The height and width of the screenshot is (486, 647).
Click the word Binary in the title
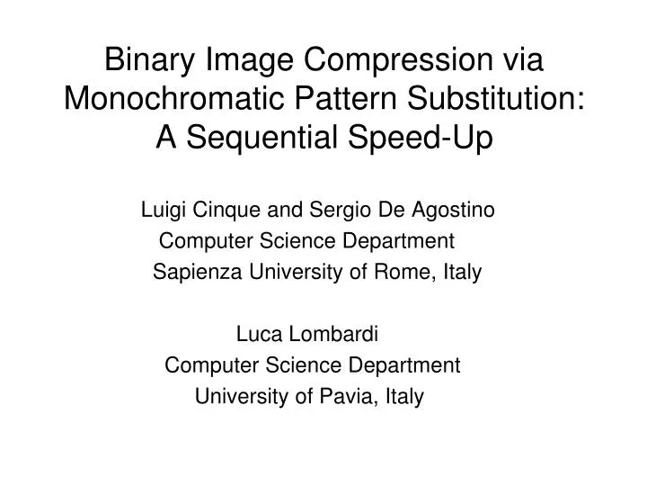148,60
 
